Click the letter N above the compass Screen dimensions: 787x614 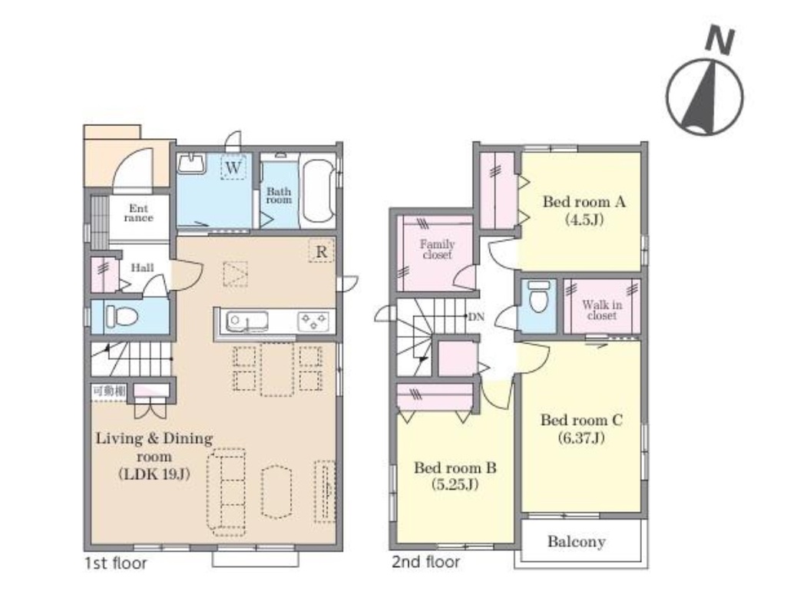719,40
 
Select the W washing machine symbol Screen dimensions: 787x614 233,167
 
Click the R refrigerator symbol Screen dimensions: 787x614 321,251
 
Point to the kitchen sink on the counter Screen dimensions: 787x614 246,322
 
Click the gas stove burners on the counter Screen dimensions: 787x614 314,322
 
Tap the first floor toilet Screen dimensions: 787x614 121,316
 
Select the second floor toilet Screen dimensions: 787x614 539,297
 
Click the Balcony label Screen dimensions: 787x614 576,542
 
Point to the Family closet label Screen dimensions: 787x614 437,249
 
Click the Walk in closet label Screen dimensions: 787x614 602,310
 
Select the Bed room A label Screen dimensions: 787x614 584,202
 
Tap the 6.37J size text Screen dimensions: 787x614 581,438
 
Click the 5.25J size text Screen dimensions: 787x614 455,484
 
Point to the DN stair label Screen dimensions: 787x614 476,316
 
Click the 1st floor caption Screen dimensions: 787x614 116,563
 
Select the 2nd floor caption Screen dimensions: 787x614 425,562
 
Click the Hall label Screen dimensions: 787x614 142,268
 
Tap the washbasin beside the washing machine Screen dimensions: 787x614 191,163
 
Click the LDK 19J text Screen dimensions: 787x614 154,474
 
